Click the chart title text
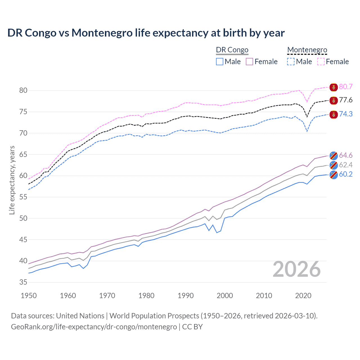click(x=146, y=33)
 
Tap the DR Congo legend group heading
click(x=232, y=50)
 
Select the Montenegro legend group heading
click(x=307, y=50)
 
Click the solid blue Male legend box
click(x=220, y=62)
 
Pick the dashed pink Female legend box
click(x=321, y=62)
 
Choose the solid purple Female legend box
click(x=249, y=62)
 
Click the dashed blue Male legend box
click(x=291, y=62)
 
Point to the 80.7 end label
click(x=346, y=87)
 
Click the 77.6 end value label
click(x=346, y=100)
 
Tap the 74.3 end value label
click(x=346, y=114)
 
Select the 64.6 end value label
click(x=346, y=155)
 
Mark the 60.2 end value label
click(x=346, y=174)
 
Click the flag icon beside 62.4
click(x=334, y=165)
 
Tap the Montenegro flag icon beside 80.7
click(x=334, y=87)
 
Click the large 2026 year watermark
click(x=297, y=269)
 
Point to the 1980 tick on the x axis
click(x=147, y=296)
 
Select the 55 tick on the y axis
click(x=23, y=197)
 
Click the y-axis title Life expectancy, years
click(x=12, y=180)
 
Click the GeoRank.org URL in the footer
click(x=94, y=327)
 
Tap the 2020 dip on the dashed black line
click(x=307, y=117)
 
